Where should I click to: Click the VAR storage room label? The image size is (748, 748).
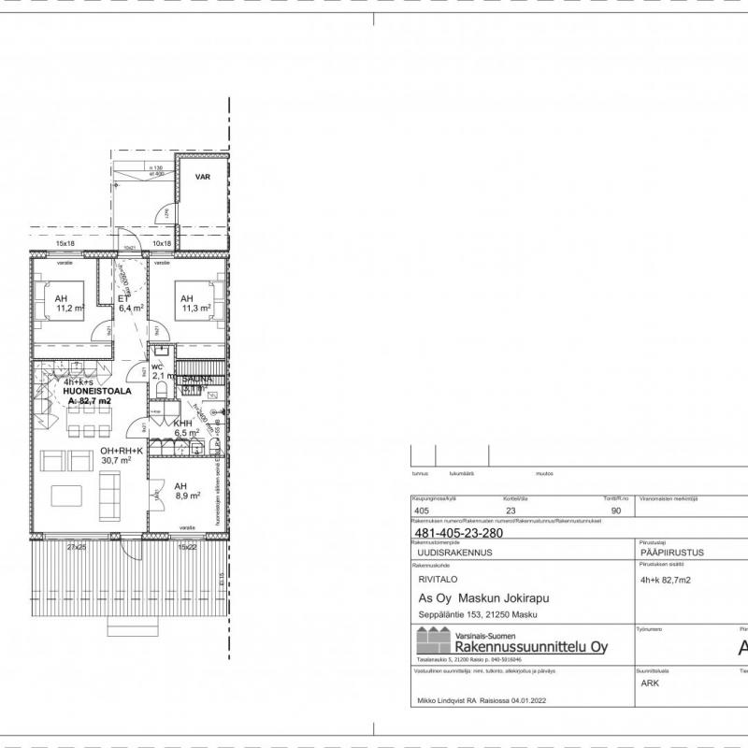coord(201,176)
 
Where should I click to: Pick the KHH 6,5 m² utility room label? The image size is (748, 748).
coord(185,428)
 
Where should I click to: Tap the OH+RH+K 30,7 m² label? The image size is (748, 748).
coord(121,455)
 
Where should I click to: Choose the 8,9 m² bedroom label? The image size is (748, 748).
coord(187,490)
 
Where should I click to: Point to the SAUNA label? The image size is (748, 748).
coord(195,380)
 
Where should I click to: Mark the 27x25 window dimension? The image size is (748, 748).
coord(78,546)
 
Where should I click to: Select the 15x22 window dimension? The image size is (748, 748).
coord(187,546)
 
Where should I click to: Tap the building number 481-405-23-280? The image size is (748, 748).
coord(461,533)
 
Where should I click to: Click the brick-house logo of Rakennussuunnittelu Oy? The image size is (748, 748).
coord(433,642)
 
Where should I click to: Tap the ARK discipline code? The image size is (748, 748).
coord(650,683)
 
